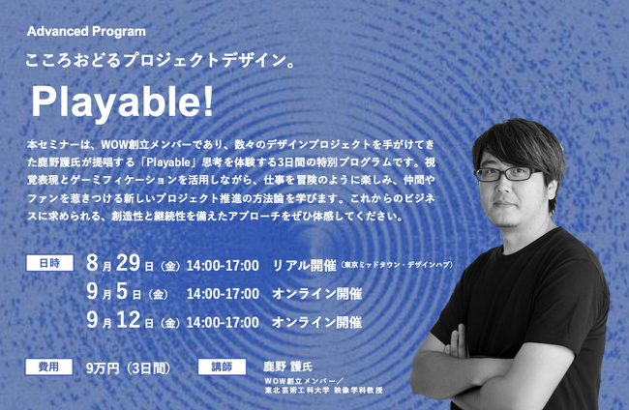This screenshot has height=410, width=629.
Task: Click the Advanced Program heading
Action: pyautogui.click(x=86, y=32)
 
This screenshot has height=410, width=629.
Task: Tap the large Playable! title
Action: pyautogui.click(x=122, y=102)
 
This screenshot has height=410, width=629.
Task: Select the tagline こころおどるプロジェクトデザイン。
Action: pyautogui.click(x=161, y=61)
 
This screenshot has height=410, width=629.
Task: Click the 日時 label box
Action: pyautogui.click(x=49, y=263)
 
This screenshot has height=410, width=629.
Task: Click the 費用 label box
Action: pyautogui.click(x=49, y=366)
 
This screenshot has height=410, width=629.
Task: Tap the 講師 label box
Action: pyautogui.click(x=222, y=366)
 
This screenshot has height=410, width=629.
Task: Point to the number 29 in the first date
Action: pyautogui.click(x=129, y=263)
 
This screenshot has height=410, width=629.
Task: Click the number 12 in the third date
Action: pyautogui.click(x=129, y=320)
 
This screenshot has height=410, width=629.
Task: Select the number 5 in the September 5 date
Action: pyautogui.click(x=122, y=291)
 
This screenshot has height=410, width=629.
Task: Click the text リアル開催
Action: pyautogui.click(x=305, y=265)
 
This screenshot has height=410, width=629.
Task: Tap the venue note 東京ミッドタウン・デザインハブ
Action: pyautogui.click(x=397, y=265)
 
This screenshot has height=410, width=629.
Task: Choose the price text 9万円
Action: pyautogui.click(x=103, y=368)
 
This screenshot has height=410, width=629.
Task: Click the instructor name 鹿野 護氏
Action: pyautogui.click(x=287, y=366)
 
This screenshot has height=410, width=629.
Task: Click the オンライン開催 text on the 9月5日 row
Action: pyautogui.click(x=316, y=294)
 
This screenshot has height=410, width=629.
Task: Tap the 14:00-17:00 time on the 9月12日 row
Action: pyautogui.click(x=223, y=322)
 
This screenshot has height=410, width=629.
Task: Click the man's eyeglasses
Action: pyautogui.click(x=506, y=173)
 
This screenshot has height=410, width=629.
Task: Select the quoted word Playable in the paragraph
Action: pyautogui.click(x=168, y=162)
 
